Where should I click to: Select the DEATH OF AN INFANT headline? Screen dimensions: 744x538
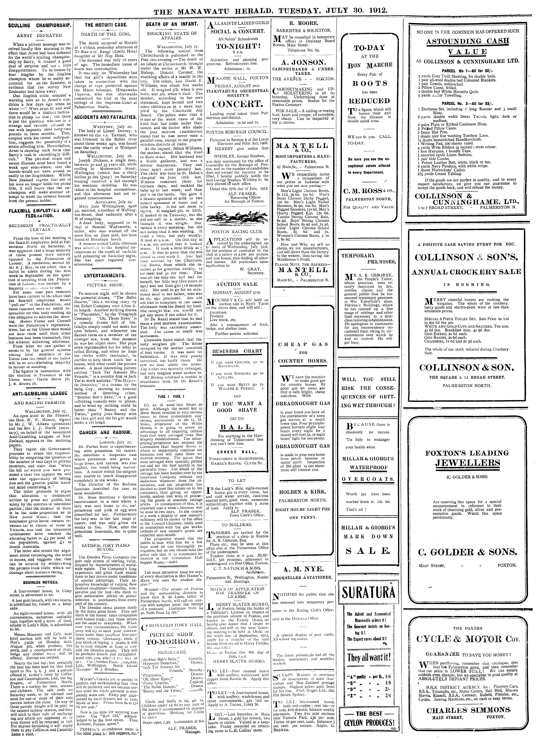pyautogui.click(x=172, y=25)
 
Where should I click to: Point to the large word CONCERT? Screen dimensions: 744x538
pyautogui.click(x=238, y=105)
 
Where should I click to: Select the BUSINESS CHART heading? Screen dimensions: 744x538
pyautogui.click(x=237, y=351)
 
